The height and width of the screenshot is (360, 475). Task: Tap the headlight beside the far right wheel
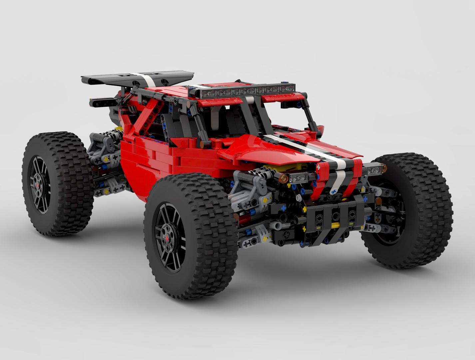pyautogui.click(x=375, y=170)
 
